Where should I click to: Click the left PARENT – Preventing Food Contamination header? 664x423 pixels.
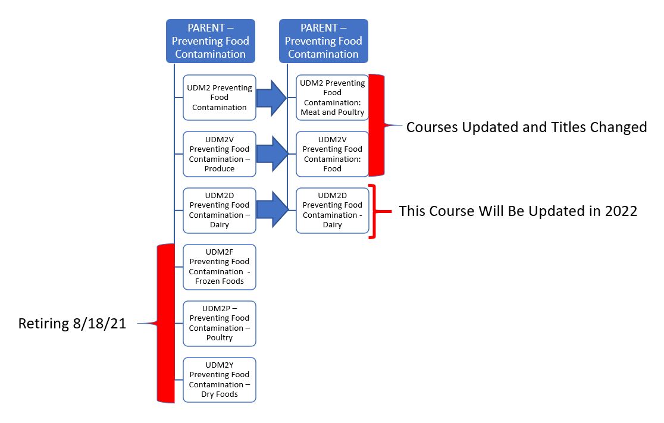tap(211, 41)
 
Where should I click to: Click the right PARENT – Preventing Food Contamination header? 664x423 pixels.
tap(324, 41)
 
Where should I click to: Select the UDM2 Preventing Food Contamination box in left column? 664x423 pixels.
tap(220, 98)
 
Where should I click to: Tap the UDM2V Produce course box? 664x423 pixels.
tap(220, 154)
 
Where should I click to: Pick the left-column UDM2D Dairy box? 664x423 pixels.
tap(220, 211)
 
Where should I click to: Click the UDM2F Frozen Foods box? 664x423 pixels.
tap(220, 267)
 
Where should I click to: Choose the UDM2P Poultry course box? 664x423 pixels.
tap(220, 324)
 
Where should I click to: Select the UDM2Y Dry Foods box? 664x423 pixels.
tap(220, 380)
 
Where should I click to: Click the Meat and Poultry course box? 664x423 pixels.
tap(333, 98)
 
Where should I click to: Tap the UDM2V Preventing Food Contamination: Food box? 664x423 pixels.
tap(333, 154)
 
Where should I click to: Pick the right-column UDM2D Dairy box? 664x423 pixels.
tap(333, 211)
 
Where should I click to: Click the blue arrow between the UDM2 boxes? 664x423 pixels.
tap(272, 98)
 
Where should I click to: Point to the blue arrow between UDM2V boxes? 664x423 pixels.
tap(272, 154)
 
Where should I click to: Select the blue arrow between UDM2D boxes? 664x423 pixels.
tap(272, 210)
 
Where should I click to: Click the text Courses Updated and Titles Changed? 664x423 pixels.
tap(527, 127)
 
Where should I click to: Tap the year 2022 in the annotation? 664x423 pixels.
tap(621, 211)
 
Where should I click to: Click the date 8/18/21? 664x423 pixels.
tap(99, 324)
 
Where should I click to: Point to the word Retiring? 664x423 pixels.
tap(43, 324)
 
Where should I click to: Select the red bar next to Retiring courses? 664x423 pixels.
tap(165, 324)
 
